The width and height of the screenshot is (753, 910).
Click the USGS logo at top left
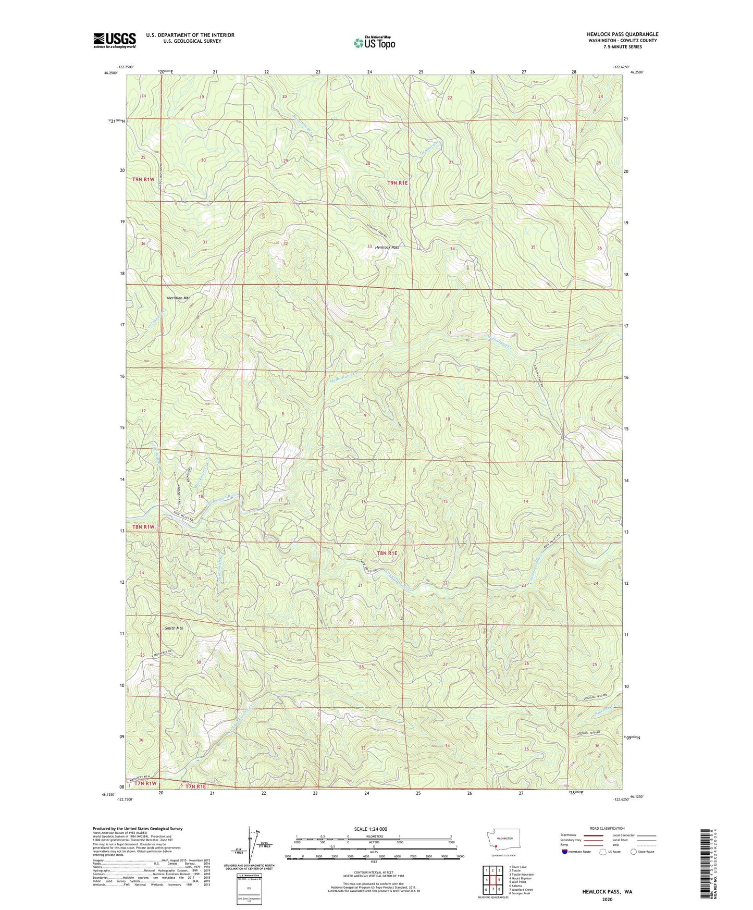pos(115,40)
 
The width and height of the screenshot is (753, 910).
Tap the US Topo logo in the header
pos(374,43)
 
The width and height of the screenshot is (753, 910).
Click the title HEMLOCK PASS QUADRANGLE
pos(622,34)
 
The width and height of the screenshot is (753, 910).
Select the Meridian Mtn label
pos(179,298)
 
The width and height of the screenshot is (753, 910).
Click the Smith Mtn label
pos(174,628)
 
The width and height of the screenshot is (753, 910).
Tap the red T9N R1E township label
pos(400,182)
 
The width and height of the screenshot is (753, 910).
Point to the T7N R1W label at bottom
pos(146,783)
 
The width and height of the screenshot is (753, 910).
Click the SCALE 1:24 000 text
pos(371,829)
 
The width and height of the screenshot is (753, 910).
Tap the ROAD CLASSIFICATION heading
pos(607,828)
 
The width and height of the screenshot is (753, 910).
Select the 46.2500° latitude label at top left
pos(111,73)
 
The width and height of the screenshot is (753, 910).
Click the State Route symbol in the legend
pos(634,852)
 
